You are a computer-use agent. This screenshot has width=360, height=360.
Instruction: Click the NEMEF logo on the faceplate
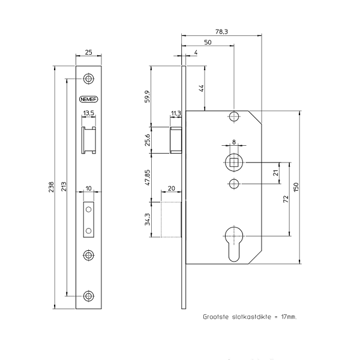tap(89, 99)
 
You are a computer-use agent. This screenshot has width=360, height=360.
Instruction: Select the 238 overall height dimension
tap(51, 187)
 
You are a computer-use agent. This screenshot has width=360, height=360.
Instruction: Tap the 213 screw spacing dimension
tap(64, 187)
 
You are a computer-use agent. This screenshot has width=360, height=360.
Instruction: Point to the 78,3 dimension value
tap(221, 31)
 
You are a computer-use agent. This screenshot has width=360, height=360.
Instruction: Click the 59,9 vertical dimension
tap(148, 97)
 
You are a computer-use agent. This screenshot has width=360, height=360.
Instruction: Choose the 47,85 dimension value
tap(148, 177)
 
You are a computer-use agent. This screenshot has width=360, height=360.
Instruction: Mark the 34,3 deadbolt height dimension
tap(148, 219)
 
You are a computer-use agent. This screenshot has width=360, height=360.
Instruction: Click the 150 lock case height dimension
tap(296, 187)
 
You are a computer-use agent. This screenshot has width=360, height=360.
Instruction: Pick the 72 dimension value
tap(286, 199)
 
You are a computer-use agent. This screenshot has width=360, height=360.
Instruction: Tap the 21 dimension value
tap(276, 173)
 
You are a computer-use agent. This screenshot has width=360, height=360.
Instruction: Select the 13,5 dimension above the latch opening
tap(89, 113)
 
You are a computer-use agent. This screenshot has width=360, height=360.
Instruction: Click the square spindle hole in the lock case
tap(234, 163)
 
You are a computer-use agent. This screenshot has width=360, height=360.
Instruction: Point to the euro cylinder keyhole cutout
tap(234, 244)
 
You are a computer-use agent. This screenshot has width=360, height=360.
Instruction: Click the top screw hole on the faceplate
tap(89, 79)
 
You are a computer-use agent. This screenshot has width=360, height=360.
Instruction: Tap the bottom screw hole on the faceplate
tap(89, 296)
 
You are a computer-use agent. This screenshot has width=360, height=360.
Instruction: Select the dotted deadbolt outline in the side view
tap(171, 220)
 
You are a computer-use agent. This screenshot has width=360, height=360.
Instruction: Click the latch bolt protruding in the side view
tap(176, 140)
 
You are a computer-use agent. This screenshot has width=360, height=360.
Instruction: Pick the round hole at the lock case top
tap(234, 116)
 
